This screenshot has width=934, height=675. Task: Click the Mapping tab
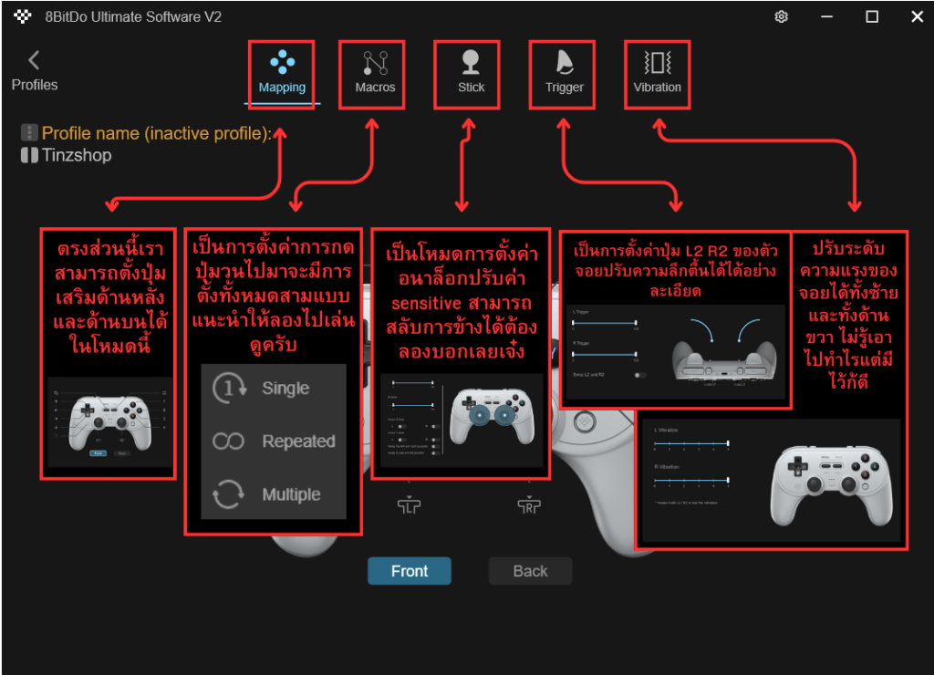282,73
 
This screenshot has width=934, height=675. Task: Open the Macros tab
375,73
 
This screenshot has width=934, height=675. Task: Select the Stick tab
471,73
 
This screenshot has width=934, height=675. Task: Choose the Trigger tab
564,73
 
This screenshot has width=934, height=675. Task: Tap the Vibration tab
657,73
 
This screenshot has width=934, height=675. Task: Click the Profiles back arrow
34,61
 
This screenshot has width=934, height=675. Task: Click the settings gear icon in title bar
781,16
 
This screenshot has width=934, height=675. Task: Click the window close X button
916,16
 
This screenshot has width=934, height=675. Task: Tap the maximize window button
872,16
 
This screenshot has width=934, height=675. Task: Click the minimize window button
826,16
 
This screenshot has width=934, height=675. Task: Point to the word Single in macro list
285,389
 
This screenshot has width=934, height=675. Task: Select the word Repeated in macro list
298,441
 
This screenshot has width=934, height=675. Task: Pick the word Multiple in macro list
291,494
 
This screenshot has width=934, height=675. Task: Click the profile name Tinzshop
77,155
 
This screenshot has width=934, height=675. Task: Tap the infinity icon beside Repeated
228,441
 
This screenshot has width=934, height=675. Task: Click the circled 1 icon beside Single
227,389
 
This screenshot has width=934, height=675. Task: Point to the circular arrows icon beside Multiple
228,494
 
